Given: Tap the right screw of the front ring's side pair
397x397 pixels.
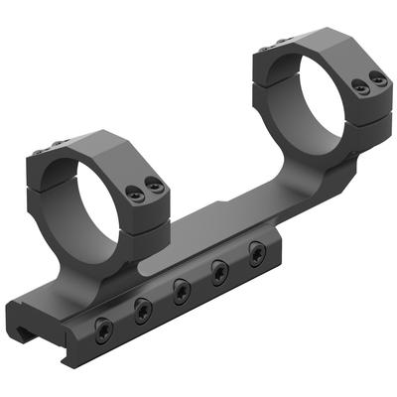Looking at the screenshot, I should (x=152, y=185).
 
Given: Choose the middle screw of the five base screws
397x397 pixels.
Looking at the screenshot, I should (x=183, y=291).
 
